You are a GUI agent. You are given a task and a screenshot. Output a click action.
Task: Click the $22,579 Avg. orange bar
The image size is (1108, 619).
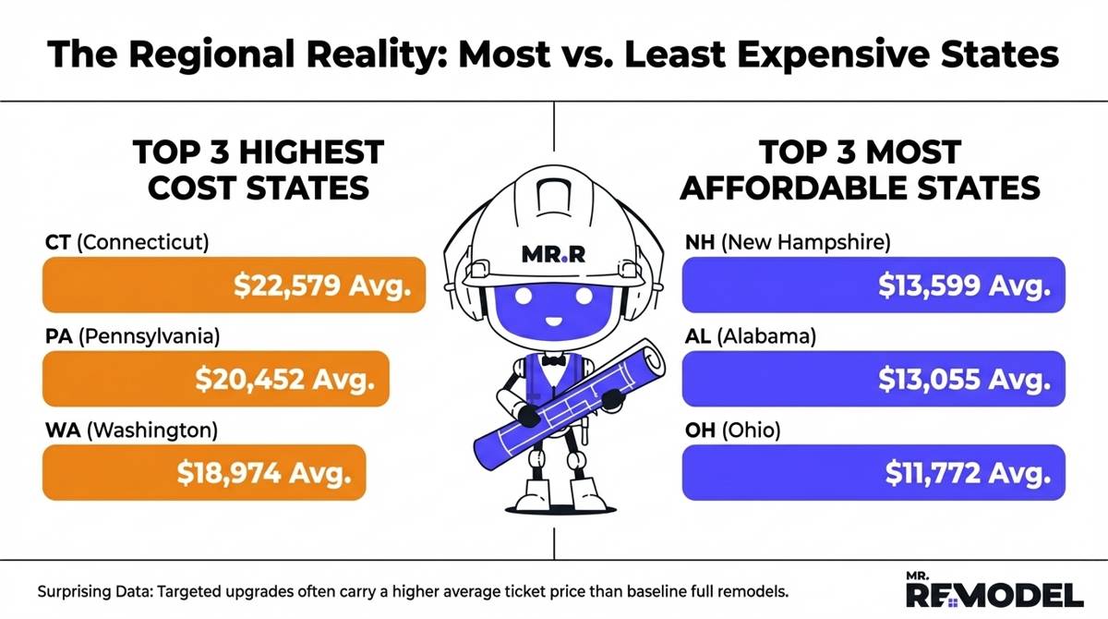(x=235, y=285)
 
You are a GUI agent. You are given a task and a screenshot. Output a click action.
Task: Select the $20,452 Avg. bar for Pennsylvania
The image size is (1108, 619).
(x=215, y=378)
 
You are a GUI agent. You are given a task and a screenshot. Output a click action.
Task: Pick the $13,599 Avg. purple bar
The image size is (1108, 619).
(x=873, y=285)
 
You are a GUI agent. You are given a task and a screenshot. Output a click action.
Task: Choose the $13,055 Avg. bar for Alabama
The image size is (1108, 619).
(x=873, y=378)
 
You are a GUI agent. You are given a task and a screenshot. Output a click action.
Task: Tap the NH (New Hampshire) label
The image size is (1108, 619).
(x=786, y=243)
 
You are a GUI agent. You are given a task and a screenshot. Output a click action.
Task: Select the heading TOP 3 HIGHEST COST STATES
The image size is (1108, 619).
(x=259, y=170)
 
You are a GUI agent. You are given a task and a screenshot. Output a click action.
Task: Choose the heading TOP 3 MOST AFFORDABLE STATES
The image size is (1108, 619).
(x=859, y=170)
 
